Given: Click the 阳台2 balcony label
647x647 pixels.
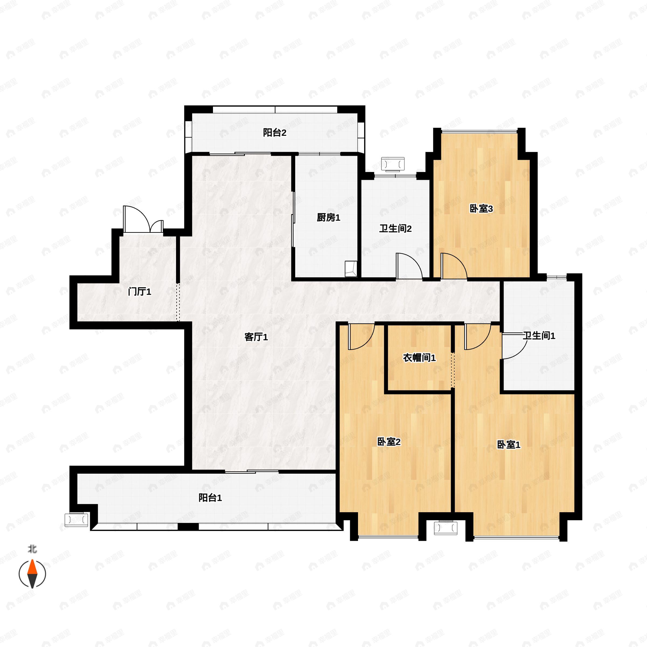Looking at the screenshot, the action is [275, 133].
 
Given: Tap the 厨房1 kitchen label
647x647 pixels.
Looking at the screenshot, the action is [329, 218].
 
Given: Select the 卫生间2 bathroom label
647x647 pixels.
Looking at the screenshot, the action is [395, 229].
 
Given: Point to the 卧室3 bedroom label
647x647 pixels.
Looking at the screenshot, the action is [481, 209].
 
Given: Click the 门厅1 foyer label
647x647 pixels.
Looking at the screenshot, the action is [140, 292].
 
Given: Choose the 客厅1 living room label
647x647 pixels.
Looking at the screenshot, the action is [256, 337].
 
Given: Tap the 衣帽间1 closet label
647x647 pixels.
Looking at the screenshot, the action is [419, 358].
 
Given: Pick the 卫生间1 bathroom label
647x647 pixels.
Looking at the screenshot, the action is [539, 336].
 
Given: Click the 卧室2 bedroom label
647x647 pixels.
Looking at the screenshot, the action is [389, 442].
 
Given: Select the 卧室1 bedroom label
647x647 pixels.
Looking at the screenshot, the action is [509, 445].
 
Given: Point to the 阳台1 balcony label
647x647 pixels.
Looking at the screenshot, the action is [210, 498].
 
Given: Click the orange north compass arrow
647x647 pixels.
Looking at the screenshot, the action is [32, 567].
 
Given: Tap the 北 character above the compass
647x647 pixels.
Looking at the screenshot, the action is [32, 549].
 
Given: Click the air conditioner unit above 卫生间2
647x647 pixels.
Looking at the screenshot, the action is [393, 164].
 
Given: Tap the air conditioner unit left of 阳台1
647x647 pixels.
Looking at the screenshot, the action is [76, 520].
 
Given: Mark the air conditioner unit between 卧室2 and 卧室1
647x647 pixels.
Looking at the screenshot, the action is [446, 528].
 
